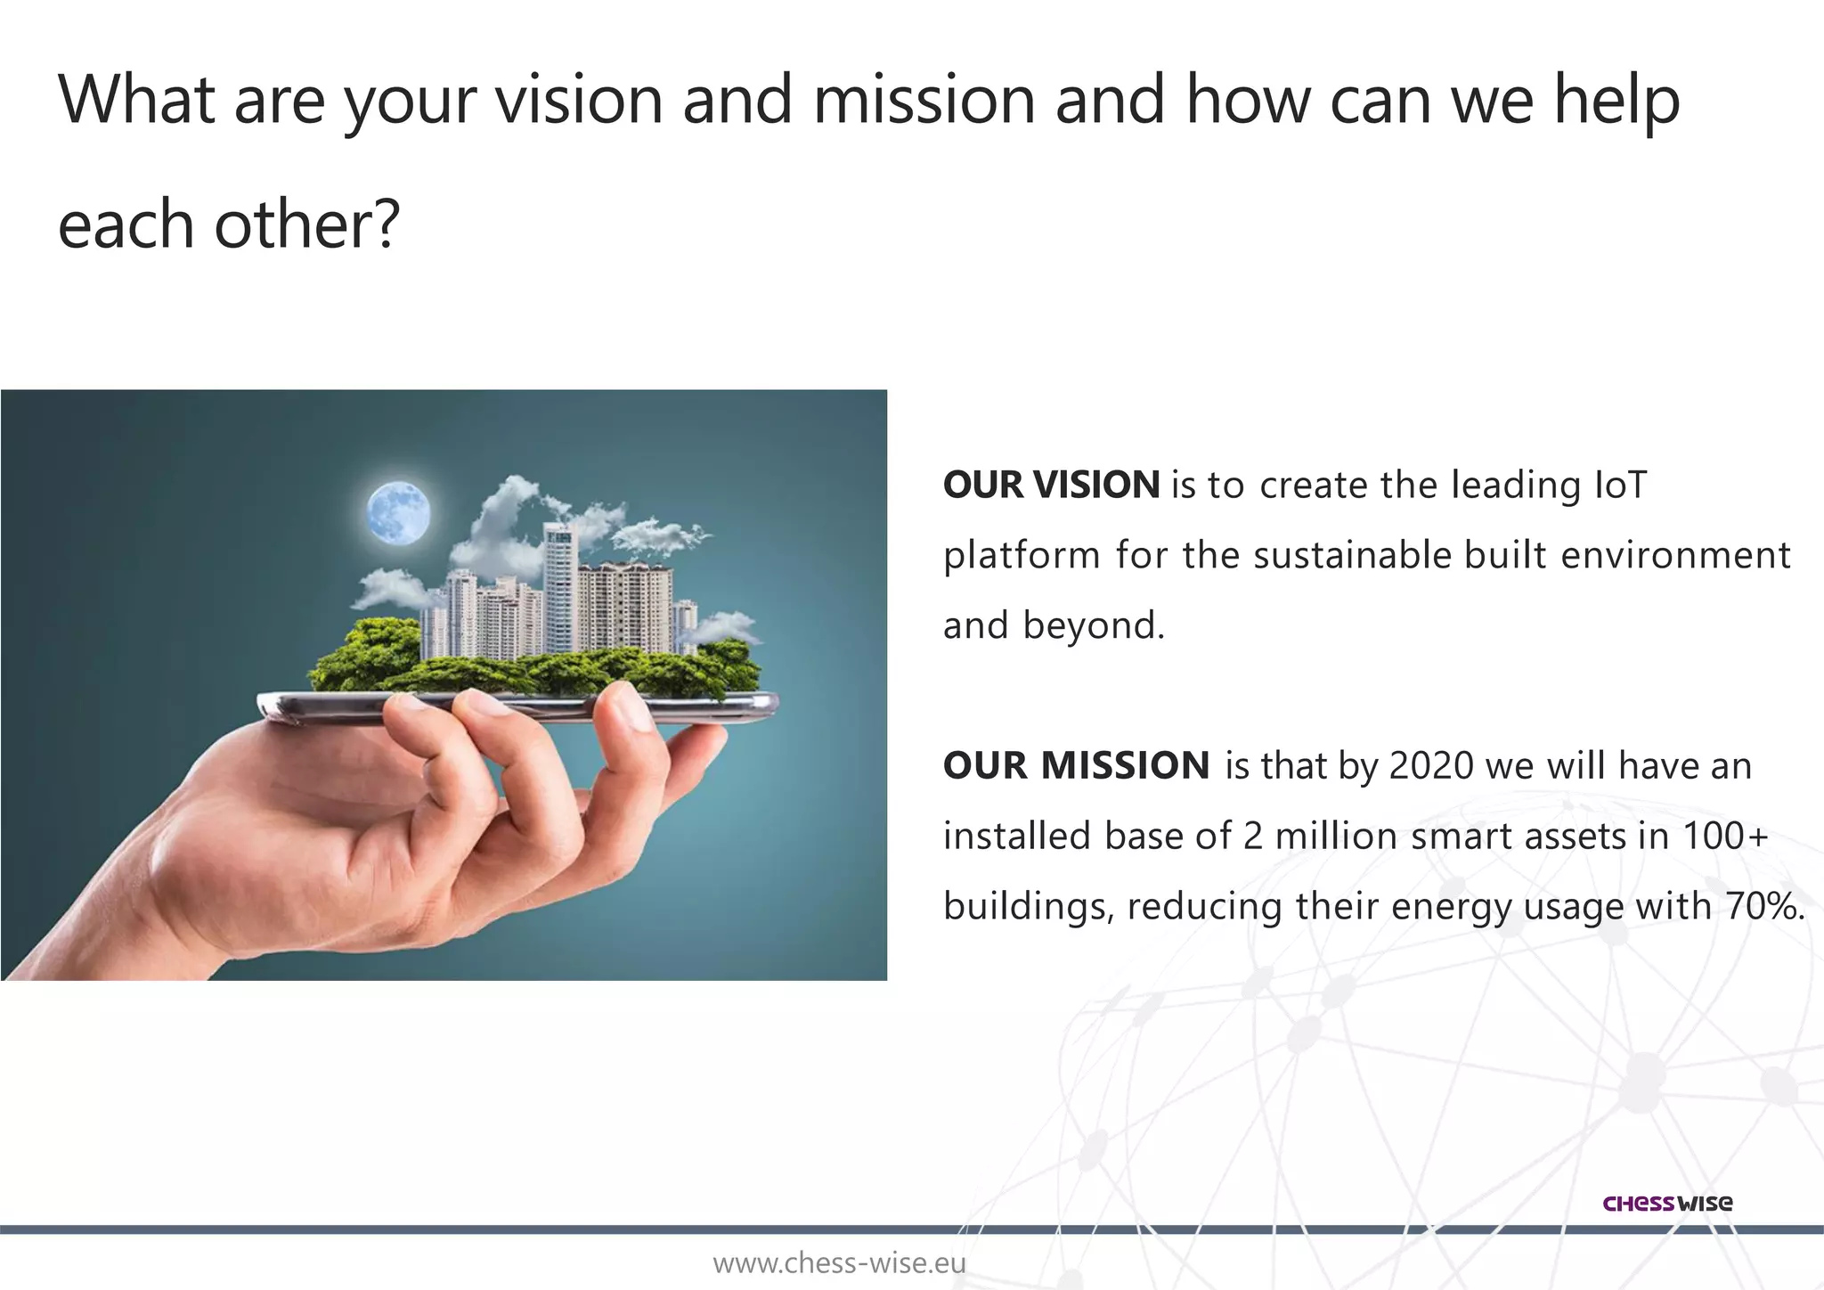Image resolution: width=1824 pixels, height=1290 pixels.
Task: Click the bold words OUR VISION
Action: [x=1051, y=486]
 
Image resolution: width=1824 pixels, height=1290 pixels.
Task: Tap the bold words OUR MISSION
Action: [x=1076, y=766]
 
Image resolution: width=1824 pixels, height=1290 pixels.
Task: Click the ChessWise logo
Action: [x=1667, y=1204]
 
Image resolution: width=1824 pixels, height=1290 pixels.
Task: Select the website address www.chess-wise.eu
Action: [x=839, y=1263]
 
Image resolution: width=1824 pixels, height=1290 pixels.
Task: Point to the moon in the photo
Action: [x=398, y=512]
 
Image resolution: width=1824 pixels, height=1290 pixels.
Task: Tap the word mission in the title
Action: [x=924, y=100]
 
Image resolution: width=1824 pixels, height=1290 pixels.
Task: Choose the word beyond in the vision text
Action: [x=1093, y=626]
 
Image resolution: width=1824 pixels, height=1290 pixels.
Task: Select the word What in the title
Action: [x=136, y=100]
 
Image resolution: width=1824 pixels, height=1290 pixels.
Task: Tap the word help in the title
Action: [x=1616, y=100]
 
